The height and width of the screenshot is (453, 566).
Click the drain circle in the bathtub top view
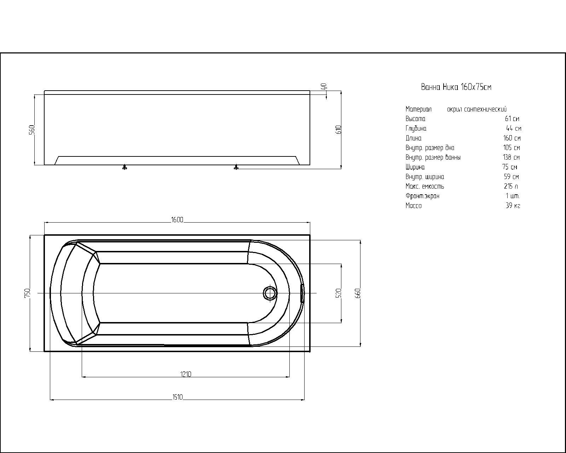[x=270, y=293]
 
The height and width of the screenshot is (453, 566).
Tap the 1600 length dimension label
[x=177, y=220]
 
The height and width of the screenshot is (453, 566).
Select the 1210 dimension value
[x=186, y=374]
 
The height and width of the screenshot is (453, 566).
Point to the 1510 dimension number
[x=177, y=397]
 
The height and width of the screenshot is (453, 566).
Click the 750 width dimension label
[x=28, y=293]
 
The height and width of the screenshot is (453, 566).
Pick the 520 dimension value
[x=338, y=293]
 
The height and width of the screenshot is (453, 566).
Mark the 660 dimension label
[x=357, y=293]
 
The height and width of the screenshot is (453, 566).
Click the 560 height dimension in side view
[x=31, y=130]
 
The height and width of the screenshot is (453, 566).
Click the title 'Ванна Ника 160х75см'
[x=456, y=87]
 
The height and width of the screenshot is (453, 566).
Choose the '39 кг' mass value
[x=513, y=206]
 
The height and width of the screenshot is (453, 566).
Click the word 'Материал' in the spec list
[x=418, y=109]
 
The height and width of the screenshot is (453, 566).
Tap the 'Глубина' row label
[x=416, y=128]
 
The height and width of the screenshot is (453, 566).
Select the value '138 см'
[x=511, y=157]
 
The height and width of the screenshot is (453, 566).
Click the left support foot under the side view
[x=125, y=167]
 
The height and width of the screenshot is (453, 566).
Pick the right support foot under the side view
[x=236, y=167]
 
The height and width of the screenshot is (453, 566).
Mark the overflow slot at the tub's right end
[x=302, y=293]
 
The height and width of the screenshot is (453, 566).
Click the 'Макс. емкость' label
[x=425, y=186]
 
